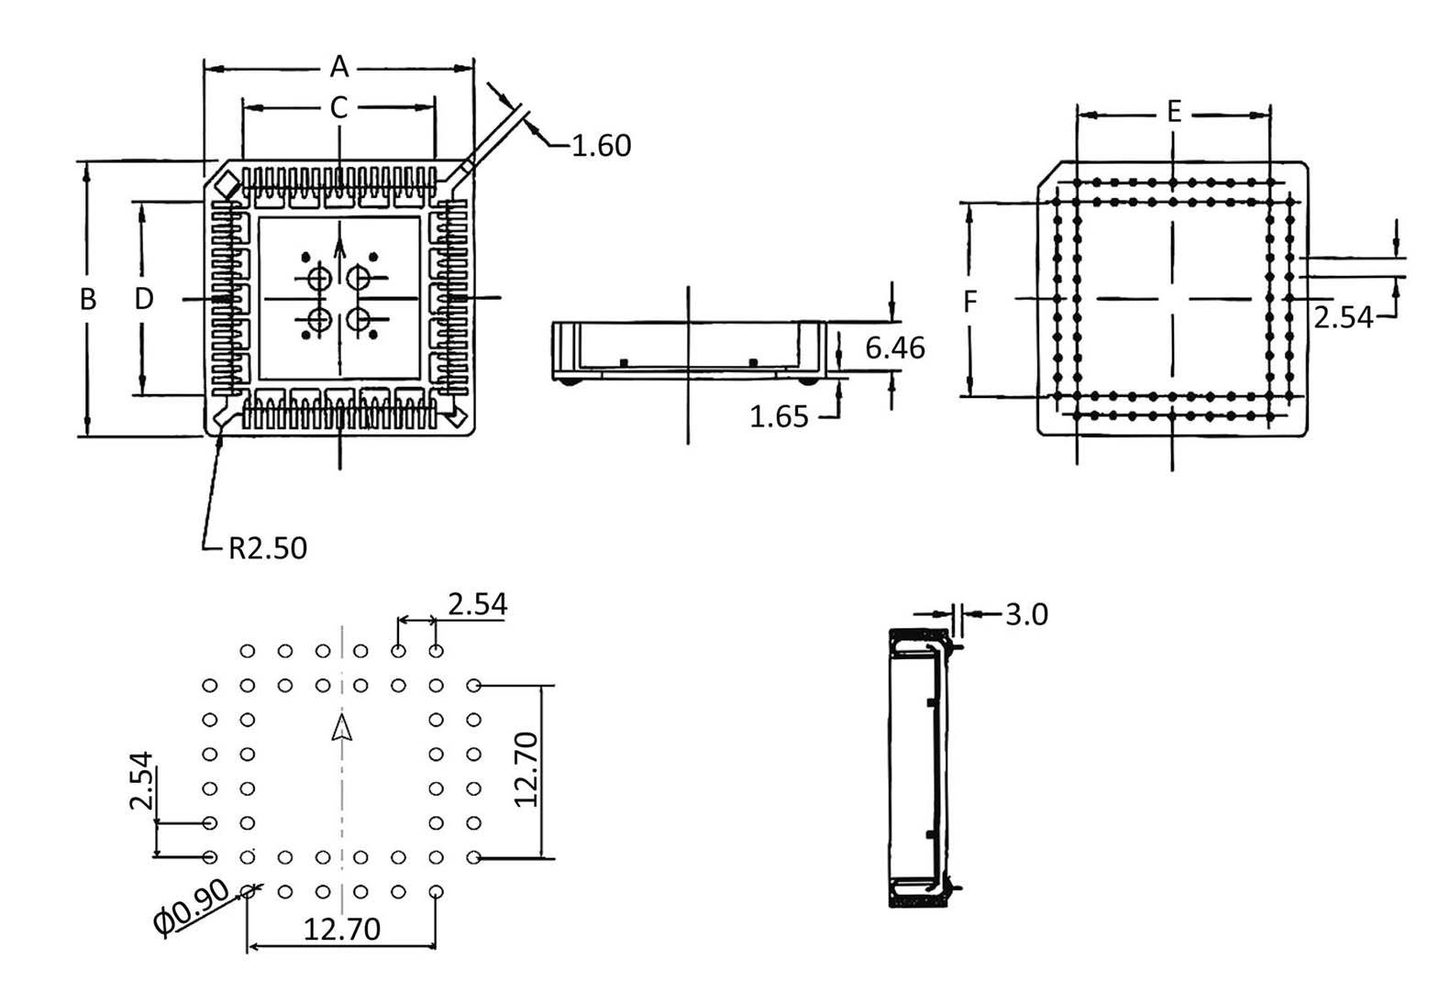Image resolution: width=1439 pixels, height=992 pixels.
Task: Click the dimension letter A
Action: [x=339, y=67]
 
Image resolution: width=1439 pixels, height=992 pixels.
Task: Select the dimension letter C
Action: [x=338, y=108]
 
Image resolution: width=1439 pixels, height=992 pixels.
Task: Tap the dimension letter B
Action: [x=88, y=299]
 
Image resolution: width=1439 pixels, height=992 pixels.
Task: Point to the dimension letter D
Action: [x=144, y=299]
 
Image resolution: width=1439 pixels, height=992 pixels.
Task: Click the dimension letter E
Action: [x=1173, y=114]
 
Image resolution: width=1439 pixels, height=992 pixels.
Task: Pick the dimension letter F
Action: [x=970, y=302]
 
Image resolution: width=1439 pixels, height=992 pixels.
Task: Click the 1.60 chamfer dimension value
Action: [x=601, y=146]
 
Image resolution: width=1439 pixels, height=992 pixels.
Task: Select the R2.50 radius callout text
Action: [x=267, y=548]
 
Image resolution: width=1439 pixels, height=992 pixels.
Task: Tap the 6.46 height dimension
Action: [x=894, y=348]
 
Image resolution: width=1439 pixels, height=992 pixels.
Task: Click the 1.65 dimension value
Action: [x=779, y=417]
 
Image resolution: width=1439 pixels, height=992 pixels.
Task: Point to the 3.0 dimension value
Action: [x=1025, y=614]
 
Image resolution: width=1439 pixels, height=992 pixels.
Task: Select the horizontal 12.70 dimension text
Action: [x=341, y=930]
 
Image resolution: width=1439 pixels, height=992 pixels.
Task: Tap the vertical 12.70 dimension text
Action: [x=526, y=769]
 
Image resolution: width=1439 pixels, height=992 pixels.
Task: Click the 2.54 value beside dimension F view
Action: [x=1343, y=317]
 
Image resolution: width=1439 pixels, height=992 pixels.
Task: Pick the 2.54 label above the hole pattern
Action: [x=477, y=604]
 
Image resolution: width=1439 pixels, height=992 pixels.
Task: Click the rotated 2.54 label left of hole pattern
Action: [x=140, y=780]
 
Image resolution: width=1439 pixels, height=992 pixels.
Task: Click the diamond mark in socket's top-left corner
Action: [x=225, y=187]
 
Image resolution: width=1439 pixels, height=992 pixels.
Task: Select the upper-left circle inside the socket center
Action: [x=318, y=278]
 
